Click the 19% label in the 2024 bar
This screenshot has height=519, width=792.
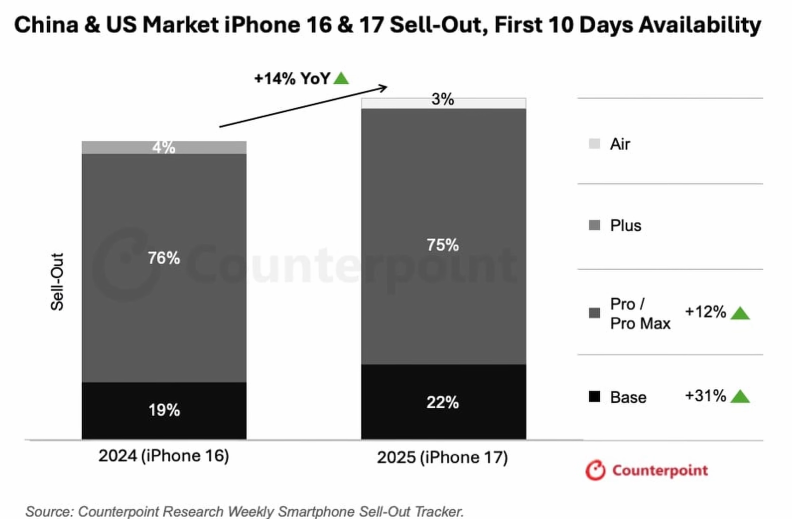164,410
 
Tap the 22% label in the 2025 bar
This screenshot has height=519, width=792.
442,402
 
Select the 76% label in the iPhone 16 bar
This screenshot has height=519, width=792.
164,258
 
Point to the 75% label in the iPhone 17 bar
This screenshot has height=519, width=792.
442,245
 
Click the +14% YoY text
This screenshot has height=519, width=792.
292,79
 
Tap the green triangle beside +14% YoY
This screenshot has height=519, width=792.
341,79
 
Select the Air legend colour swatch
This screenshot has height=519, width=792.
594,144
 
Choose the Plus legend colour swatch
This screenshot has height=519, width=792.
594,225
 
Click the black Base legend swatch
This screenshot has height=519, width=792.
594,396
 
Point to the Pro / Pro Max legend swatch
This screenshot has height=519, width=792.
594,313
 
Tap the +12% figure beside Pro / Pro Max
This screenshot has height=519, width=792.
705,312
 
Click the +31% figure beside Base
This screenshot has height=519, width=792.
705,396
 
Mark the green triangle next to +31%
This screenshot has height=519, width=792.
740,396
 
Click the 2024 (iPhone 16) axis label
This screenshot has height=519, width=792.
164,456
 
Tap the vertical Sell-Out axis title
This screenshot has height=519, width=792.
57,282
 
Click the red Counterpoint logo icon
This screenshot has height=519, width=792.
595,470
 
